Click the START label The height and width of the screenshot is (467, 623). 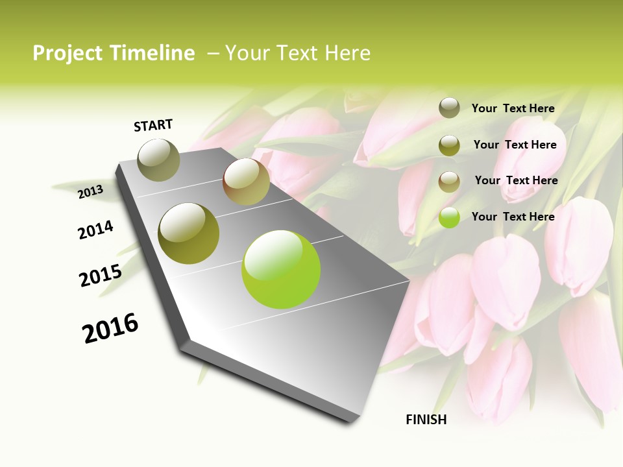(153, 125)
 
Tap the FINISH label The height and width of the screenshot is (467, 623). (426, 420)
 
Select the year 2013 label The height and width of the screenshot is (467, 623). (91, 191)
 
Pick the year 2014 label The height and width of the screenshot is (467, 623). (96, 230)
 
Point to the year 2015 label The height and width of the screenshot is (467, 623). (101, 276)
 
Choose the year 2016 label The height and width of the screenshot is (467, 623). (110, 328)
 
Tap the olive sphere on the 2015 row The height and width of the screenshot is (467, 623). (189, 233)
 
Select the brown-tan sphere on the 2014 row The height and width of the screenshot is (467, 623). (246, 182)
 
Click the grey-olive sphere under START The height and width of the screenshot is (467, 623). (159, 160)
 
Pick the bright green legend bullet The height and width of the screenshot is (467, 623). (449, 217)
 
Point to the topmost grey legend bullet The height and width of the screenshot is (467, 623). (449, 108)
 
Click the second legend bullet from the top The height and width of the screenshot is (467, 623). (449, 145)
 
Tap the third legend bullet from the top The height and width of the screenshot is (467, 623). (449, 182)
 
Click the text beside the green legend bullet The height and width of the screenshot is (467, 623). (513, 217)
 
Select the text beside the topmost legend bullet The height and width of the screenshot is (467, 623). (513, 108)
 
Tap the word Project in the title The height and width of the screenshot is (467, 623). (67, 53)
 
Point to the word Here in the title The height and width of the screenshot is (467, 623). (347, 53)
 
